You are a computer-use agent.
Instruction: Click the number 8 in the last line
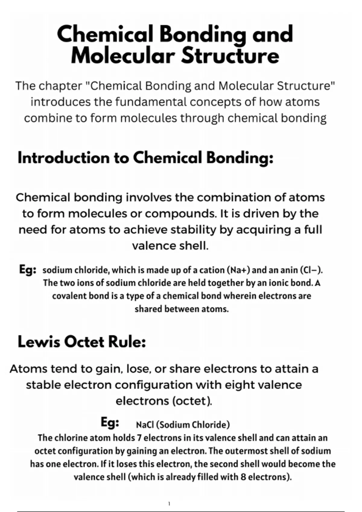point(243,477)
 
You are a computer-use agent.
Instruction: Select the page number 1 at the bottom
point(169,504)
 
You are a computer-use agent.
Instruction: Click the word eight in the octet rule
point(237,385)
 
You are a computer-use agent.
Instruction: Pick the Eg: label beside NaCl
point(110,423)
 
